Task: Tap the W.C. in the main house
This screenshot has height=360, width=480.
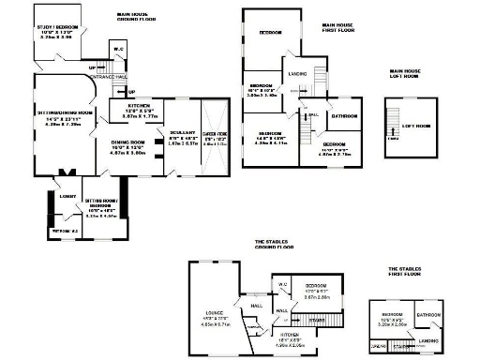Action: click(119, 50)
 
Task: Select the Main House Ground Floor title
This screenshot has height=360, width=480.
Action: click(137, 17)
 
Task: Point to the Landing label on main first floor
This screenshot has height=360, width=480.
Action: click(298, 73)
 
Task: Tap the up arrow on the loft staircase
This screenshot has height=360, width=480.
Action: click(392, 140)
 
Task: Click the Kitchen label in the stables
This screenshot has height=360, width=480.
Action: click(289, 333)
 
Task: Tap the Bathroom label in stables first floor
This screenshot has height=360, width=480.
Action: click(428, 315)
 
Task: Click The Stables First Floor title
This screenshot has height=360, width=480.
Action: click(409, 274)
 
